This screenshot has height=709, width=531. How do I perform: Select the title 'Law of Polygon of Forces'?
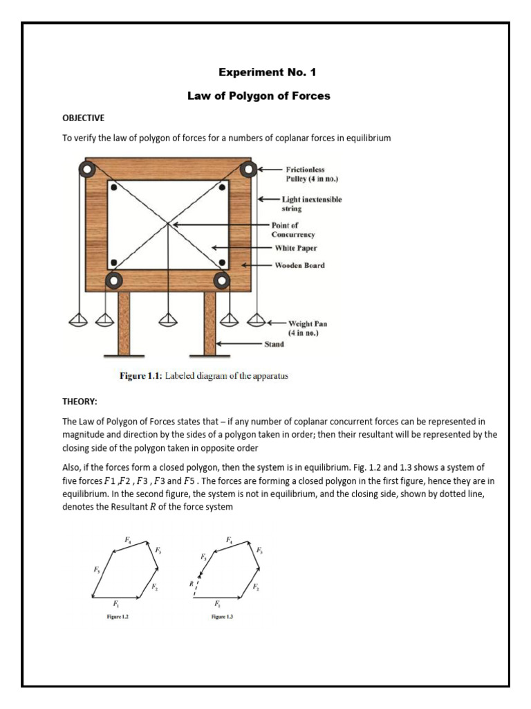coord(259,96)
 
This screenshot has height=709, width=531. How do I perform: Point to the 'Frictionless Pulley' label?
coord(310,174)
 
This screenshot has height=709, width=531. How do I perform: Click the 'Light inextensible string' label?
coord(311,204)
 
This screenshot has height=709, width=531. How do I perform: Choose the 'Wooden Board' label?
coord(299,265)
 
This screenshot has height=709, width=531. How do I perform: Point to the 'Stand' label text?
coord(274,343)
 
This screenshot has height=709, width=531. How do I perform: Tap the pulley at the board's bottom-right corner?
coord(221,280)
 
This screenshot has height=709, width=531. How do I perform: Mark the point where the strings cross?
coord(168,223)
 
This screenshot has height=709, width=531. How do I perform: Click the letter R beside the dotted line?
coord(192,584)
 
